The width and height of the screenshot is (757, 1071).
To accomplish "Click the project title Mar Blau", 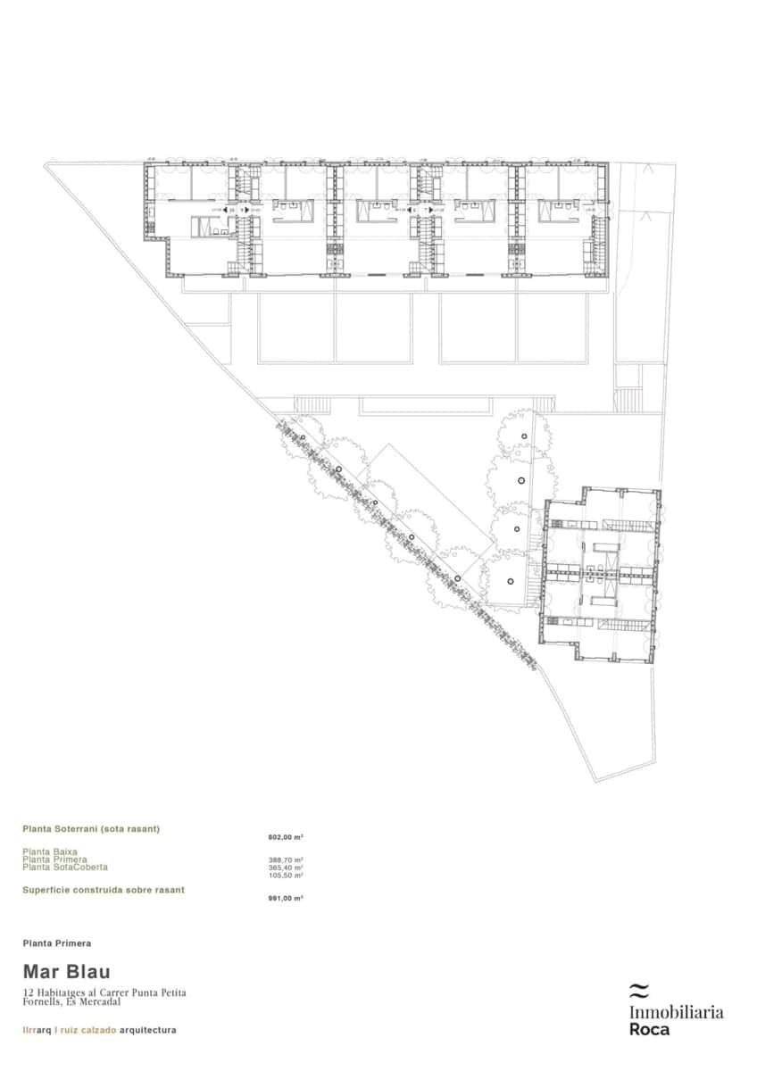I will pyautogui.click(x=66, y=972).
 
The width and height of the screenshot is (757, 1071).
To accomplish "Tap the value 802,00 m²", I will pyautogui.click(x=286, y=837).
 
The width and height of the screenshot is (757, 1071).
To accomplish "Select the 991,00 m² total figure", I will pyautogui.click(x=286, y=898).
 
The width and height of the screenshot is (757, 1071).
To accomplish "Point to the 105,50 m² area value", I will pyautogui.click(x=286, y=875).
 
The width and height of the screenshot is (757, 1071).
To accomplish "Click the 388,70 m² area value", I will pyautogui.click(x=286, y=860).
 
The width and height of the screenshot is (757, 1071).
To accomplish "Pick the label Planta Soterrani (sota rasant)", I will pyautogui.click(x=91, y=829).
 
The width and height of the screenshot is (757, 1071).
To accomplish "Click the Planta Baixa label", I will pyautogui.click(x=50, y=852).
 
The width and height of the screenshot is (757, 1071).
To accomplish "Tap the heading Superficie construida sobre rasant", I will pyautogui.click(x=104, y=890).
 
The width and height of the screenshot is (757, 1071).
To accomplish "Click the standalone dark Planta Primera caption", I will pyautogui.click(x=57, y=942).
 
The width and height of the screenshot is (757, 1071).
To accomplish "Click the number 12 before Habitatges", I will pyautogui.click(x=28, y=992).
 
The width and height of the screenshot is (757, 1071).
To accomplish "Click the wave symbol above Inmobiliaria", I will pyautogui.click(x=637, y=990).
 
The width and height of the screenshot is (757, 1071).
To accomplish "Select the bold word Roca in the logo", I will pyautogui.click(x=649, y=1029).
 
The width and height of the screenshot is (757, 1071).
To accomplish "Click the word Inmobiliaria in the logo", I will pyautogui.click(x=676, y=1012).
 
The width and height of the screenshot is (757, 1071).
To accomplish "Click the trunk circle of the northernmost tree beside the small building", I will pyautogui.click(x=525, y=436).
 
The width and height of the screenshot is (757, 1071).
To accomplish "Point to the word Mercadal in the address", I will pyautogui.click(x=99, y=1001).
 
